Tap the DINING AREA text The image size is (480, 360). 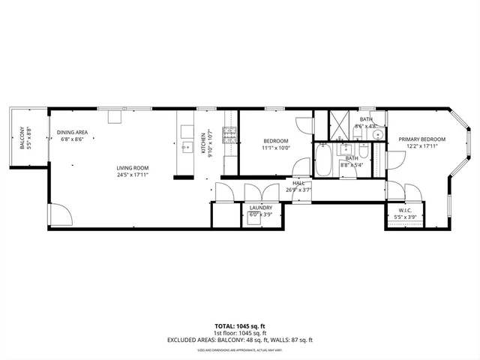click(73, 133)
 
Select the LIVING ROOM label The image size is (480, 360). click(132, 167)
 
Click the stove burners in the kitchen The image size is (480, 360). click(229, 137)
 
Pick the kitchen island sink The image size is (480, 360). click(187, 145)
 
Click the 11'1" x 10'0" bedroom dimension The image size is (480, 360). click(276, 148)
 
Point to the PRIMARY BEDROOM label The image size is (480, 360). click(421, 139)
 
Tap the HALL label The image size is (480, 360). click(298, 182)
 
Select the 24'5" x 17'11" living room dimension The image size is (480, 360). click(132, 175)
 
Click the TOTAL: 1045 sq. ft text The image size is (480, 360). click(240, 325)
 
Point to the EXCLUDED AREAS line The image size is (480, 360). click(240, 340)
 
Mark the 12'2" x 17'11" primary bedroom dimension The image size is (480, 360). click(421, 147)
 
